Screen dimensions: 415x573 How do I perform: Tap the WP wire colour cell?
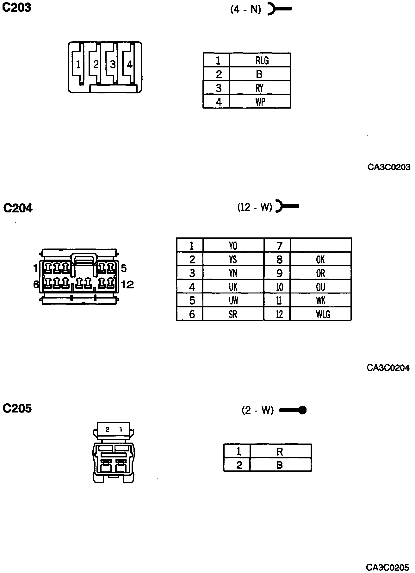pos(260,102)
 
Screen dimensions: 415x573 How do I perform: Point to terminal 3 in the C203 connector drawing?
pos(113,65)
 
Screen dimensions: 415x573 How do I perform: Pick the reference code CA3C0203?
pos(389,167)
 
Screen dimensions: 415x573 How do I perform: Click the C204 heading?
pos(18,208)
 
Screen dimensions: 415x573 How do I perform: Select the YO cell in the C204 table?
pos(233,246)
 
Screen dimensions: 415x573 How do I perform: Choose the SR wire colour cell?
pos(233,314)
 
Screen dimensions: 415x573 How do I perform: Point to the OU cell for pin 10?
pos(320,287)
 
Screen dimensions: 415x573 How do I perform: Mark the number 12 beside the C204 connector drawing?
pos(127,285)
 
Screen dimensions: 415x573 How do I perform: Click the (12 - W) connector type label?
pos(255,207)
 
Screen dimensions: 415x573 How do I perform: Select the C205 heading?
pos(17,408)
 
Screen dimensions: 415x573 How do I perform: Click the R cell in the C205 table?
pos(280,451)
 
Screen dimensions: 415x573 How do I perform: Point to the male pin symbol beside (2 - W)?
pos(293,410)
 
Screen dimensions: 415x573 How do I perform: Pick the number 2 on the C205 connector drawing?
pos(107,430)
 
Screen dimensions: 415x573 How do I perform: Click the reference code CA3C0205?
pos(387,567)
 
